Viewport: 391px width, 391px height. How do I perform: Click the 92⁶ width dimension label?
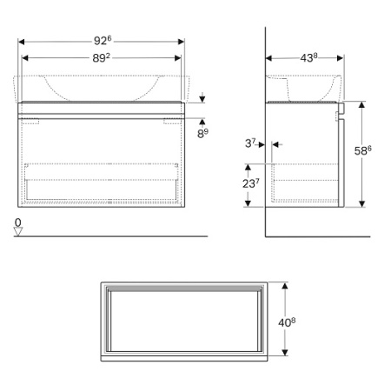click(103, 40)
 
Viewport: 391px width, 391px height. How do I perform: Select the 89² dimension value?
click(101, 58)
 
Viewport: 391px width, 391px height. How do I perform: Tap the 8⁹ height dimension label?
click(202, 133)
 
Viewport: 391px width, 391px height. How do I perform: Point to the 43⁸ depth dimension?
click(308, 57)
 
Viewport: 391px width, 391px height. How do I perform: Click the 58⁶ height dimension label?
click(362, 150)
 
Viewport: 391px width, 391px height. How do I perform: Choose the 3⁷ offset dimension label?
click(250, 143)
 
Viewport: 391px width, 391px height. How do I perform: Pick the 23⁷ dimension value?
click(251, 183)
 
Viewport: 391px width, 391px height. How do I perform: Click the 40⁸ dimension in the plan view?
click(287, 322)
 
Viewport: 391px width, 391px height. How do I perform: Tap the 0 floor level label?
click(18, 222)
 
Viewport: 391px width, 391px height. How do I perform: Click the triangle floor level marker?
click(18, 231)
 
